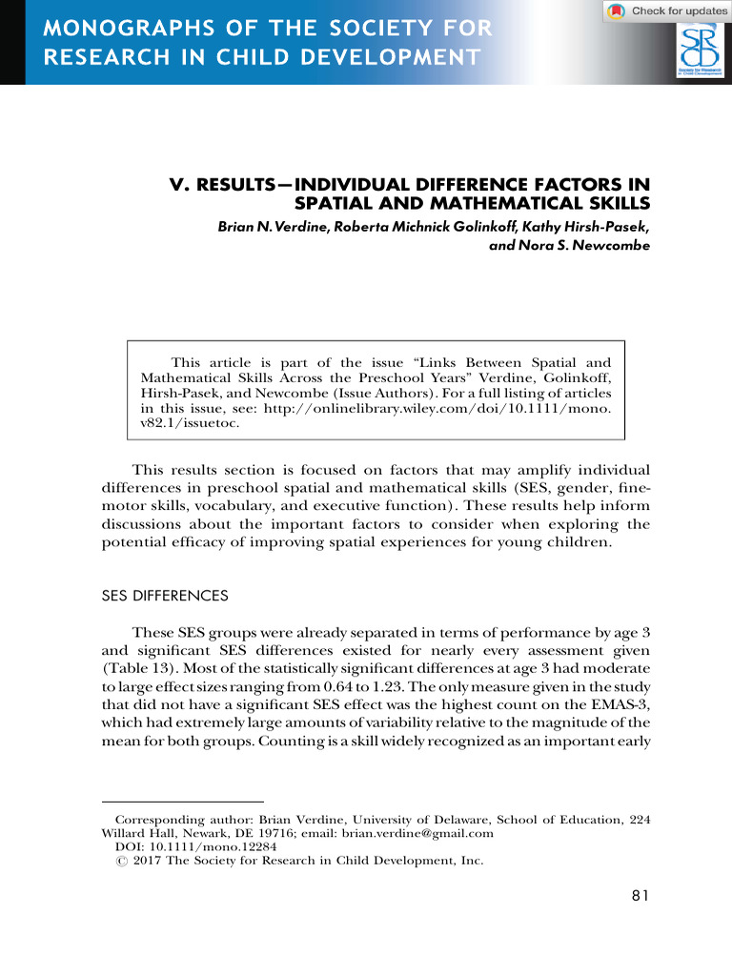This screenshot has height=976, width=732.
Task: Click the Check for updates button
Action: click(x=666, y=10)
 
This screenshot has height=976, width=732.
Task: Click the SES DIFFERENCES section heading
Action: click(x=165, y=596)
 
